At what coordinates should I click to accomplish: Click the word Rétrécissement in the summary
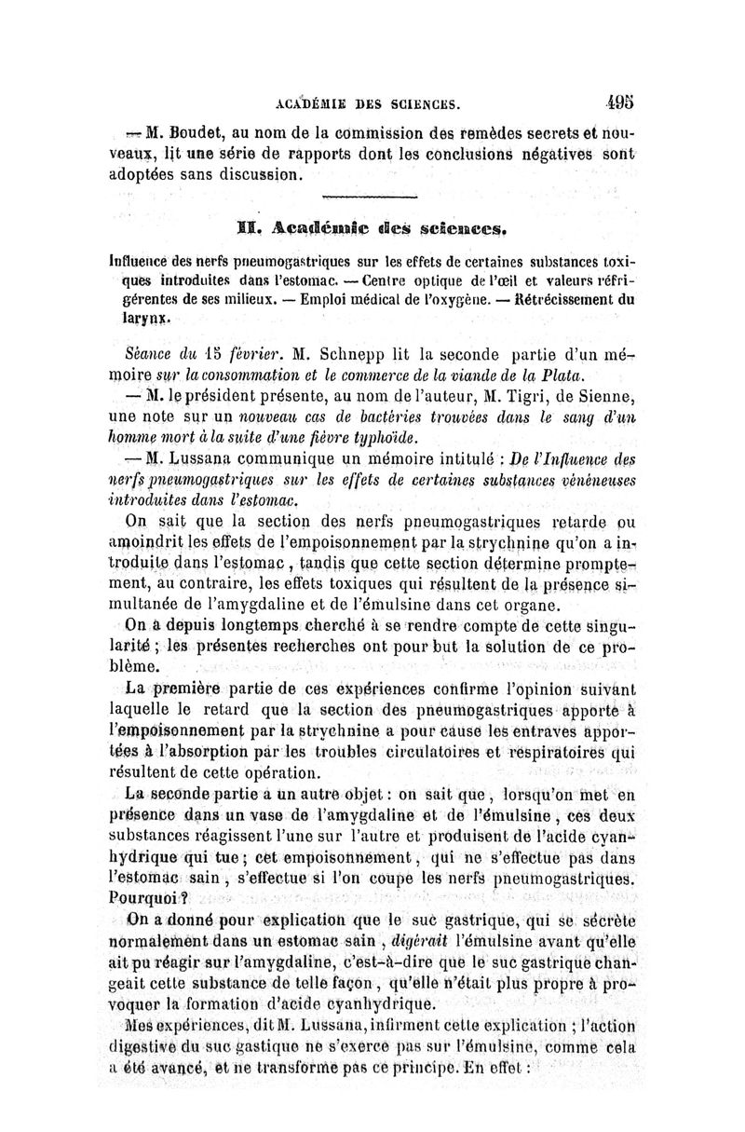click(x=569, y=299)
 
